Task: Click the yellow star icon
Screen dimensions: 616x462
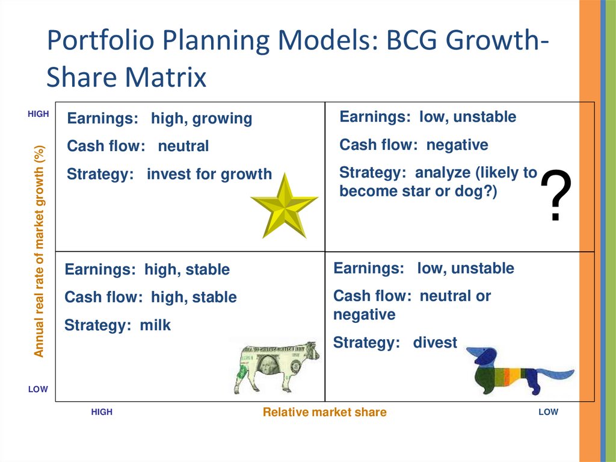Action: (x=285, y=207)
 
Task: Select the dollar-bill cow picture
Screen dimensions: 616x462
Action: (x=276, y=367)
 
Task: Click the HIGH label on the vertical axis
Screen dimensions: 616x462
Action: (x=38, y=114)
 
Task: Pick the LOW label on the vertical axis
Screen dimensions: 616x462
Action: (x=38, y=389)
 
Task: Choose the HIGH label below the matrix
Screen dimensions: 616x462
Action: (x=102, y=412)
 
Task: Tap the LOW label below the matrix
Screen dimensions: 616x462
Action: (x=549, y=412)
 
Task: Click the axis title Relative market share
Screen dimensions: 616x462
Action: (x=324, y=412)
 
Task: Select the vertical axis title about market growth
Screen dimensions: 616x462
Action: (x=39, y=251)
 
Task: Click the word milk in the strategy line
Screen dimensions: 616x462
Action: (x=155, y=325)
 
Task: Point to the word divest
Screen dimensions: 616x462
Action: (x=435, y=342)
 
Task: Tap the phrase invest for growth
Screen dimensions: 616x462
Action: (x=209, y=174)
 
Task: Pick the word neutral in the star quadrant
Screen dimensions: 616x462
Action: (x=183, y=146)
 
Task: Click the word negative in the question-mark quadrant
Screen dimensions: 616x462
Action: (x=457, y=145)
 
